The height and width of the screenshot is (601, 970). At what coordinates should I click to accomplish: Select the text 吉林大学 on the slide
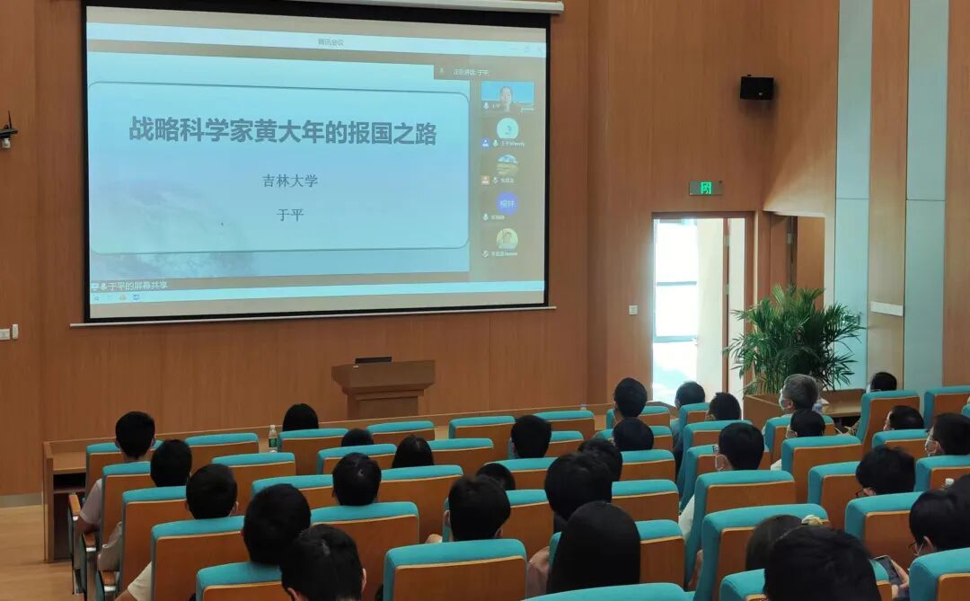point(290,181)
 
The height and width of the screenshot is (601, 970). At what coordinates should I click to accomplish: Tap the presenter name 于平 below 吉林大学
point(290,215)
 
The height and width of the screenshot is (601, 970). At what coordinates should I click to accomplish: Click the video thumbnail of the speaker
point(507,95)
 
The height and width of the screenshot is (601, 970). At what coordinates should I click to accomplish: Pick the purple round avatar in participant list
point(507,202)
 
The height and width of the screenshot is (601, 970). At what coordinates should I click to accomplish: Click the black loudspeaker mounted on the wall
point(756,87)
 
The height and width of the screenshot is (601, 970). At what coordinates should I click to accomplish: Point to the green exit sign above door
point(705,188)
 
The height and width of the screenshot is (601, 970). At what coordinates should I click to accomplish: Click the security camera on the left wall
point(7,133)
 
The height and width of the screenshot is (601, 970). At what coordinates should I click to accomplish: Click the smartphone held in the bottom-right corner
point(886,568)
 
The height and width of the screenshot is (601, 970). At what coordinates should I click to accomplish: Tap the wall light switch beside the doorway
point(633,310)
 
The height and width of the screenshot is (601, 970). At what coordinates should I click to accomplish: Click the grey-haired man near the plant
point(798,393)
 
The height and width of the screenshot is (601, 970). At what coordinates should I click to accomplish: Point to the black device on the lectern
point(373,359)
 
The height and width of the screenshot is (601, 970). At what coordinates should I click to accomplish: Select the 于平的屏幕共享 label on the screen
point(135,286)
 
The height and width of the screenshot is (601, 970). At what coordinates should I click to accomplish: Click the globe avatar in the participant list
point(507,165)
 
